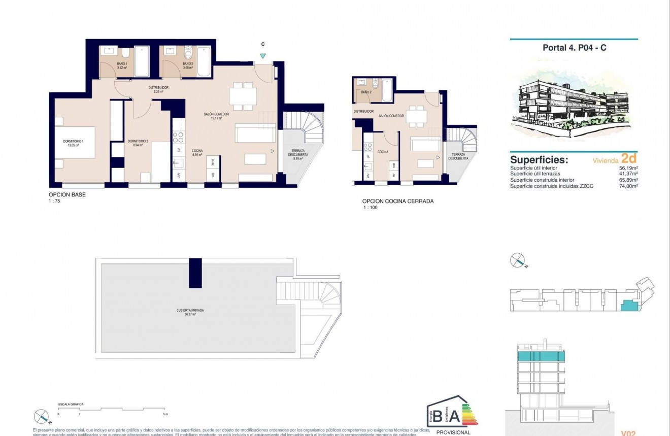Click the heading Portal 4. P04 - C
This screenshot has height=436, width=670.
click(574, 48)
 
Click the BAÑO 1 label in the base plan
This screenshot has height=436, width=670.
click(108, 64)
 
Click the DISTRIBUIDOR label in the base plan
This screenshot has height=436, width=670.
click(158, 88)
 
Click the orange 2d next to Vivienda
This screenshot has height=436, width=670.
click(629, 159)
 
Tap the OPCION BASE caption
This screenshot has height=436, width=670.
click(63, 195)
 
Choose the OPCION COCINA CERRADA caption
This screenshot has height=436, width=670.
click(397, 202)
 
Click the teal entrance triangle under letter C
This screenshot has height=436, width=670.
click(263, 57)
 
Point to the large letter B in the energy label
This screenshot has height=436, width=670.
click(438, 416)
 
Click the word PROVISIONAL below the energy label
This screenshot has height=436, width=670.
click(453, 432)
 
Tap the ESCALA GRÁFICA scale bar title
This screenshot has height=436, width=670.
click(71, 405)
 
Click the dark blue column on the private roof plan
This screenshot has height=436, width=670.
click(195, 273)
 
